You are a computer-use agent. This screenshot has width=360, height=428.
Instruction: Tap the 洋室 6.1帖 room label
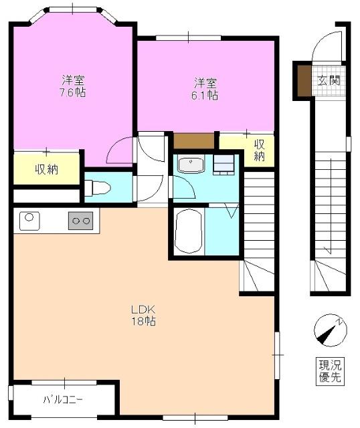point(205,88)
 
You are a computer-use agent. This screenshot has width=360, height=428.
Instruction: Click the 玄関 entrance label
point(329,82)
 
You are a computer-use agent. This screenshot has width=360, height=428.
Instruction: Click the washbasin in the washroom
point(191,165)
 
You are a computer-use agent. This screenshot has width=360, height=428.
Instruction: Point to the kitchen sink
point(29,220)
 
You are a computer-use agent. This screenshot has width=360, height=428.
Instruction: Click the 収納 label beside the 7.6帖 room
point(46,169)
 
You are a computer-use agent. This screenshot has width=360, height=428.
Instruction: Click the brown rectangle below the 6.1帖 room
point(194,141)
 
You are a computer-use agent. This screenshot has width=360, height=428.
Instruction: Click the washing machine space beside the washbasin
point(223,165)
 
